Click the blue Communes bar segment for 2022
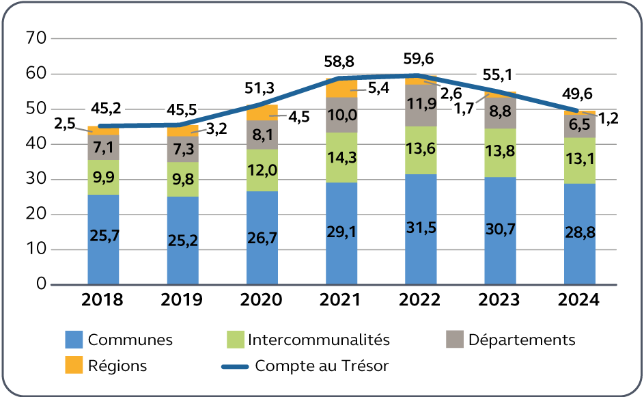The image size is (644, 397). [421, 229]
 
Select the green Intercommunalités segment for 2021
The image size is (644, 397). [341, 157]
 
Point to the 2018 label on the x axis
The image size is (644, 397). [103, 300]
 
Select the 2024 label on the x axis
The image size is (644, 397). [579, 300]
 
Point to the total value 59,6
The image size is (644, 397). [420, 59]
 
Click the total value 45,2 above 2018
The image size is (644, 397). [106, 107]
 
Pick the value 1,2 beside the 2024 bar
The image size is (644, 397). [610, 118]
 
